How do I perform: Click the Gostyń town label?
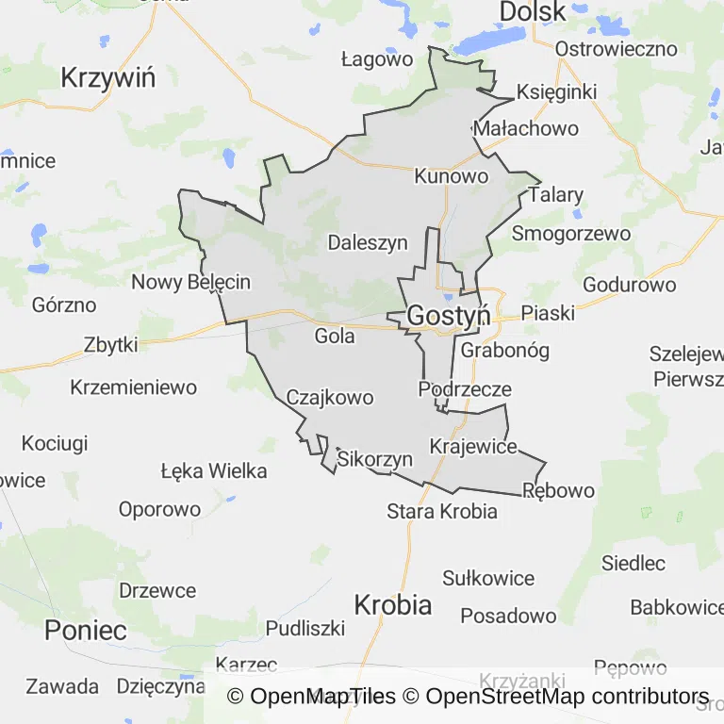(x=449, y=317)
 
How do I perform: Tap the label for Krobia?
(x=393, y=604)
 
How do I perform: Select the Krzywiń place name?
(x=107, y=77)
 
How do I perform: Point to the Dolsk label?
(x=533, y=11)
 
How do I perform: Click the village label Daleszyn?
(x=368, y=242)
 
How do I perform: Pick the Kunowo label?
(x=452, y=176)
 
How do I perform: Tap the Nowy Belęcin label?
(x=190, y=282)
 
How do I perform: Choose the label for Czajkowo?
(x=329, y=398)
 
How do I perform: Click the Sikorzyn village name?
(x=375, y=459)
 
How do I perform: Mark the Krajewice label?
(x=473, y=446)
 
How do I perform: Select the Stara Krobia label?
(x=442, y=511)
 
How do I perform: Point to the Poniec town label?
(x=86, y=630)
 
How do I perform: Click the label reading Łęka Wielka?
(x=214, y=470)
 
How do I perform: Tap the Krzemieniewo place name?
(x=134, y=387)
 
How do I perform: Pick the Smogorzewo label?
(x=571, y=233)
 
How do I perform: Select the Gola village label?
(x=335, y=336)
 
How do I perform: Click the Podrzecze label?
(x=465, y=388)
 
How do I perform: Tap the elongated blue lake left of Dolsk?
(x=491, y=41)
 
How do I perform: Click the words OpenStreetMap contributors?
(x=567, y=697)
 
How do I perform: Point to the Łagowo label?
(x=377, y=59)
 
